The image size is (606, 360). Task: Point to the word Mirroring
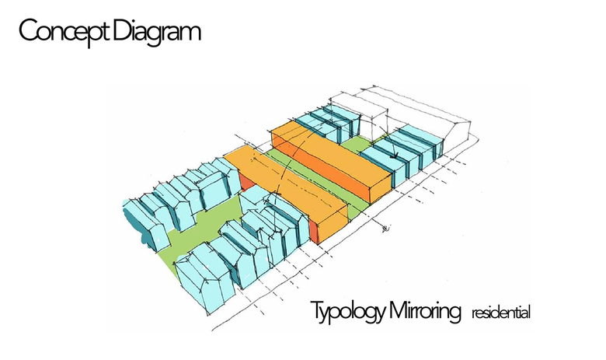(425, 311)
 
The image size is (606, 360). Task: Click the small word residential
(500, 314)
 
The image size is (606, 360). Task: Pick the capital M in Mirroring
(399, 310)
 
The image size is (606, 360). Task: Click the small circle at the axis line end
(385, 229)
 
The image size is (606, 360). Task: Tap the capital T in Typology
(316, 310)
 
